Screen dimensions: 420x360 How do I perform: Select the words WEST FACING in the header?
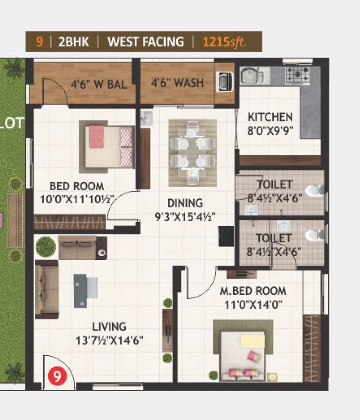click(145, 42)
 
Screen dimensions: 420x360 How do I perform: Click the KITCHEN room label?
click(270, 117)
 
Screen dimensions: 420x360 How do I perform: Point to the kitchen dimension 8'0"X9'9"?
click(270, 131)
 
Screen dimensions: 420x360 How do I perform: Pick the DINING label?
click(185, 203)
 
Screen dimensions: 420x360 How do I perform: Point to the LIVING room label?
click(109, 326)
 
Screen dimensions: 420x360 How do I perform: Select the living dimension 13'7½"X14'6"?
click(109, 340)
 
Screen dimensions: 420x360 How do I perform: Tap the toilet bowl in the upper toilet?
click(314, 190)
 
